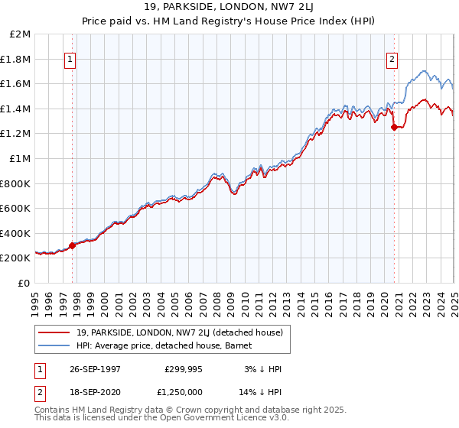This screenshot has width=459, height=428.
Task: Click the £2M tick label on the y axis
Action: (x=21, y=34)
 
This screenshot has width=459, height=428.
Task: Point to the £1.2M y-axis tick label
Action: (x=16, y=134)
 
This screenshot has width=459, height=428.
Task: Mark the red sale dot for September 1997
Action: (x=73, y=245)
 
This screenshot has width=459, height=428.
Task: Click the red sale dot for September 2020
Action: (x=394, y=128)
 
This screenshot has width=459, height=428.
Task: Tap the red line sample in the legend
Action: (x=54, y=332)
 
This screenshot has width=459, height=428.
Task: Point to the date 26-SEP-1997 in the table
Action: (x=94, y=368)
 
